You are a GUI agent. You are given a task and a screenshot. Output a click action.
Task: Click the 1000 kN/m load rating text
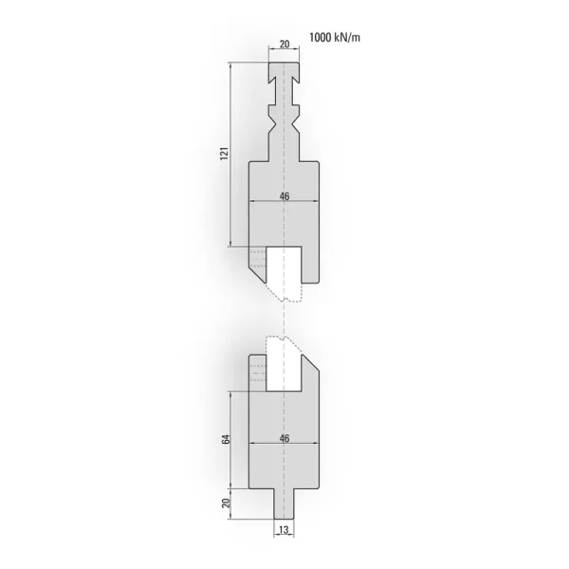(335, 37)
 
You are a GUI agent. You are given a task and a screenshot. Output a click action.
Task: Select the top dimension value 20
(284, 45)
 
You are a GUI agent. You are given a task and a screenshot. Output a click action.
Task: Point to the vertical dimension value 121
(225, 154)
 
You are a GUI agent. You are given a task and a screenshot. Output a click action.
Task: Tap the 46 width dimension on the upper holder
(284, 196)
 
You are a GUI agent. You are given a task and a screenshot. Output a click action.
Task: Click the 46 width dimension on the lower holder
(284, 439)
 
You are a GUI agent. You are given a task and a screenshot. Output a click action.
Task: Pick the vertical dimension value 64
(226, 439)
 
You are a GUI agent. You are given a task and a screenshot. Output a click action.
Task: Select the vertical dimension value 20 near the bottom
(226, 503)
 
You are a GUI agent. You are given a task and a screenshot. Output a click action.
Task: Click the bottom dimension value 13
(284, 530)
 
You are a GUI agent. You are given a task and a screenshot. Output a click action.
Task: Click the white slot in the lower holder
(284, 373)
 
